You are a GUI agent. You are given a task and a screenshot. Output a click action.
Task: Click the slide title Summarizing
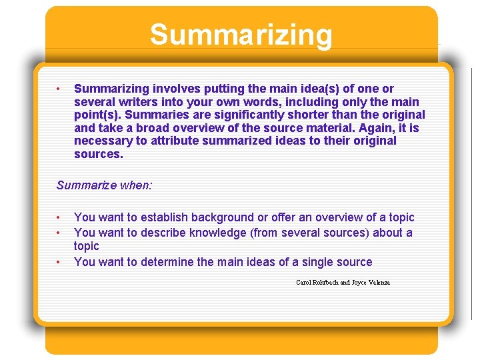(241, 35)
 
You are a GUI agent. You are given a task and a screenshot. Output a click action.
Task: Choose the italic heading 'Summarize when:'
(104, 185)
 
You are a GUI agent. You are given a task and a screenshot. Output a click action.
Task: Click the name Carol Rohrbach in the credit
(317, 283)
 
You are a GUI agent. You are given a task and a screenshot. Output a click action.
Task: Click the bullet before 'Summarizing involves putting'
(59, 89)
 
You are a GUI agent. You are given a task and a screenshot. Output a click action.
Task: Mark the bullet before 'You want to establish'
(59, 218)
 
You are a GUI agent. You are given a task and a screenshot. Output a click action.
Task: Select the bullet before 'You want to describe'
(59, 233)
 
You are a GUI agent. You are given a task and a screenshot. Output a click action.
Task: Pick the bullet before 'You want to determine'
(59, 263)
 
